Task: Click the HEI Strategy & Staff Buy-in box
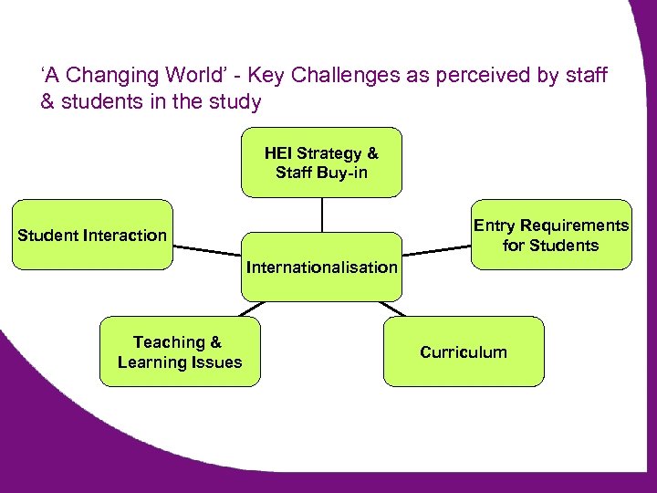(x=321, y=163)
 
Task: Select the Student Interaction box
(x=92, y=236)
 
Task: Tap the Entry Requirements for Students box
(x=550, y=235)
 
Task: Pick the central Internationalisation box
(x=321, y=267)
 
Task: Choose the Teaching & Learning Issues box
(x=179, y=352)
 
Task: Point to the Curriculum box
(x=463, y=352)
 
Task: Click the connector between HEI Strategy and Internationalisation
(x=321, y=215)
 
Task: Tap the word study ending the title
(x=236, y=102)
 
